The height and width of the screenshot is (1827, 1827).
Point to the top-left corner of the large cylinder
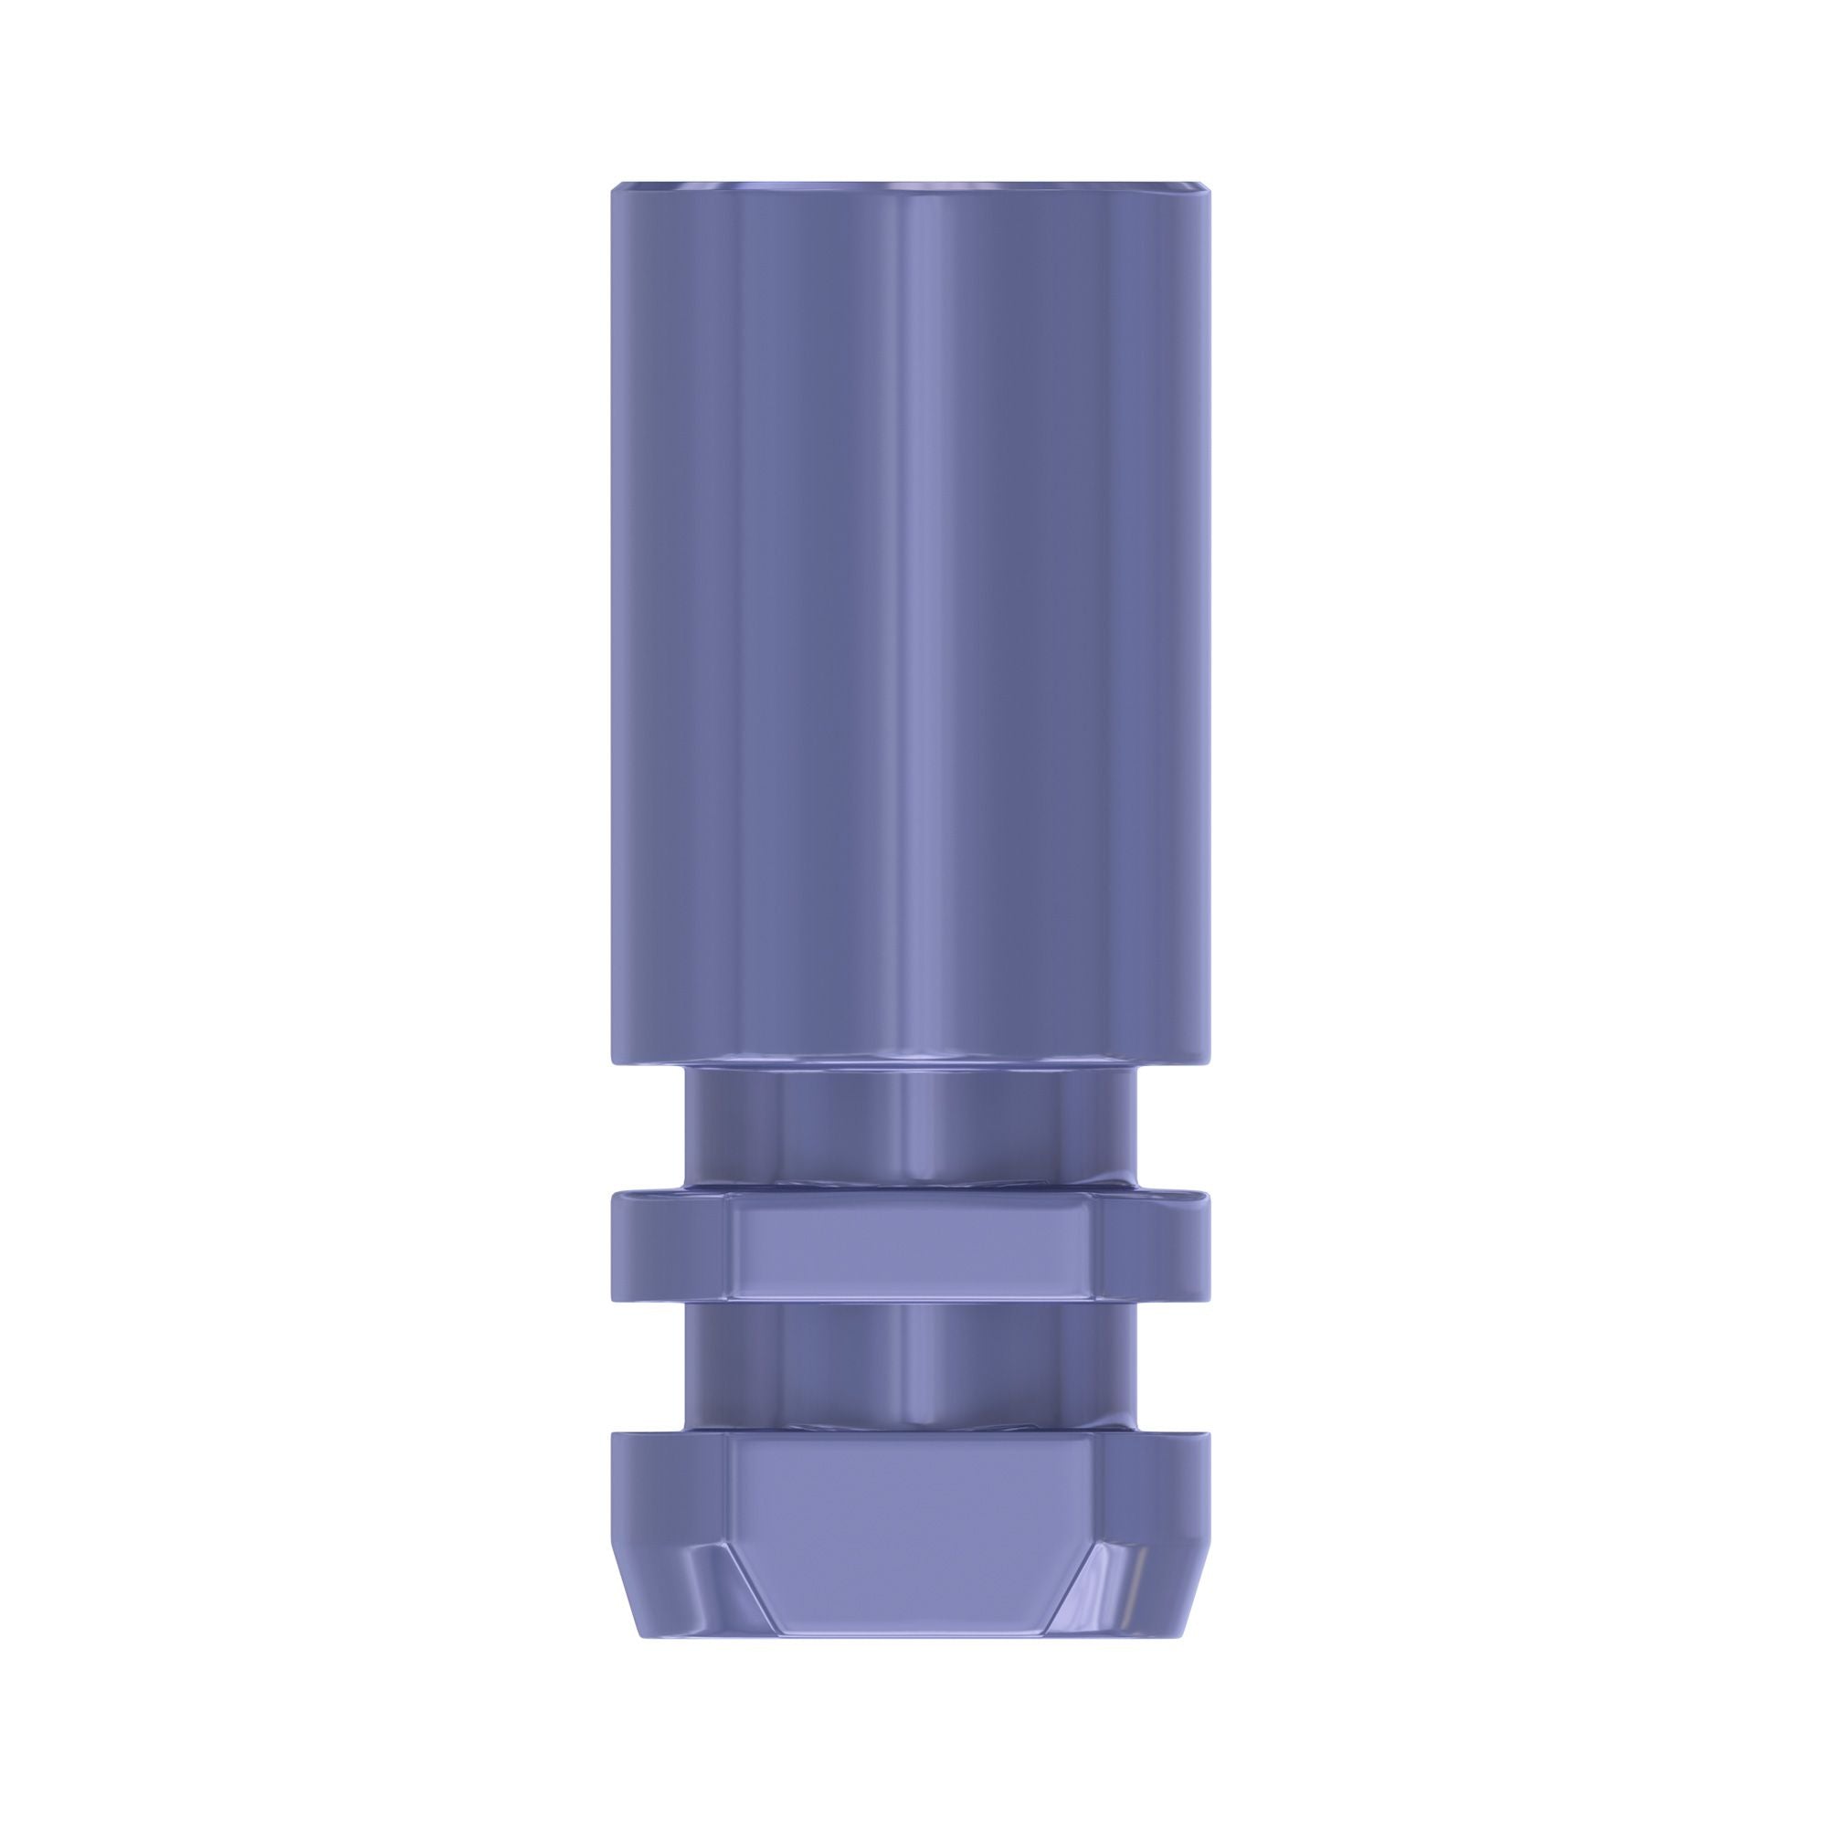[615, 185]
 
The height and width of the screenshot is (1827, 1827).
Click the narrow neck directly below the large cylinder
[912, 1125]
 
